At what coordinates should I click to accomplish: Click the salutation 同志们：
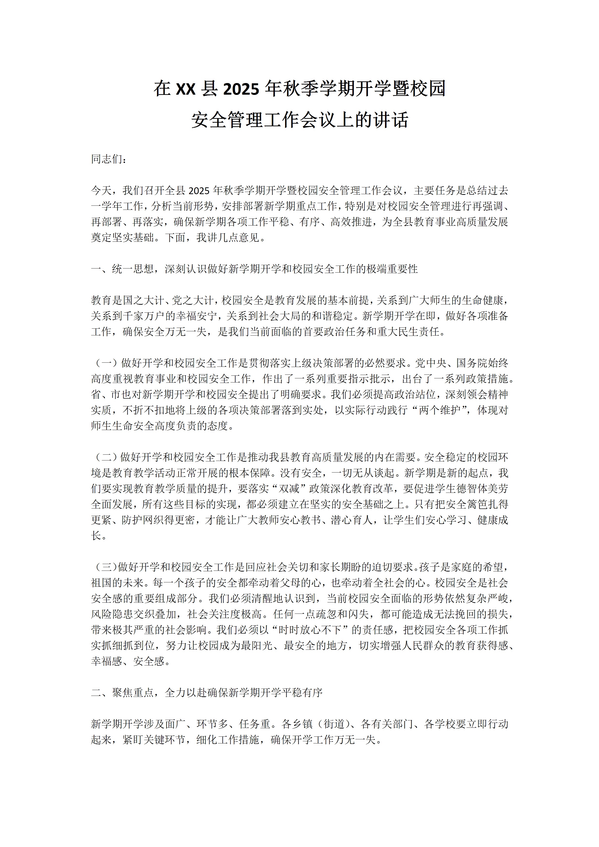[x=109, y=159]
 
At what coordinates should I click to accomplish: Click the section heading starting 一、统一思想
[x=254, y=269]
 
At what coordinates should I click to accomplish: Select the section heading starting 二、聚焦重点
[x=207, y=692]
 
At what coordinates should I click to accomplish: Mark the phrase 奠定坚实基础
[x=122, y=238]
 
